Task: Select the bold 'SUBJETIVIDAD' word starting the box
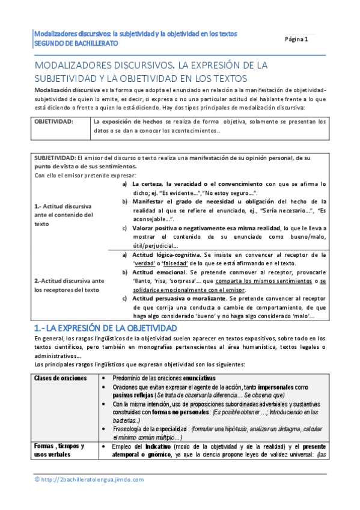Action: point(55,158)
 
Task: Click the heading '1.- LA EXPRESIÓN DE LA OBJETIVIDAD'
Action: point(105,328)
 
